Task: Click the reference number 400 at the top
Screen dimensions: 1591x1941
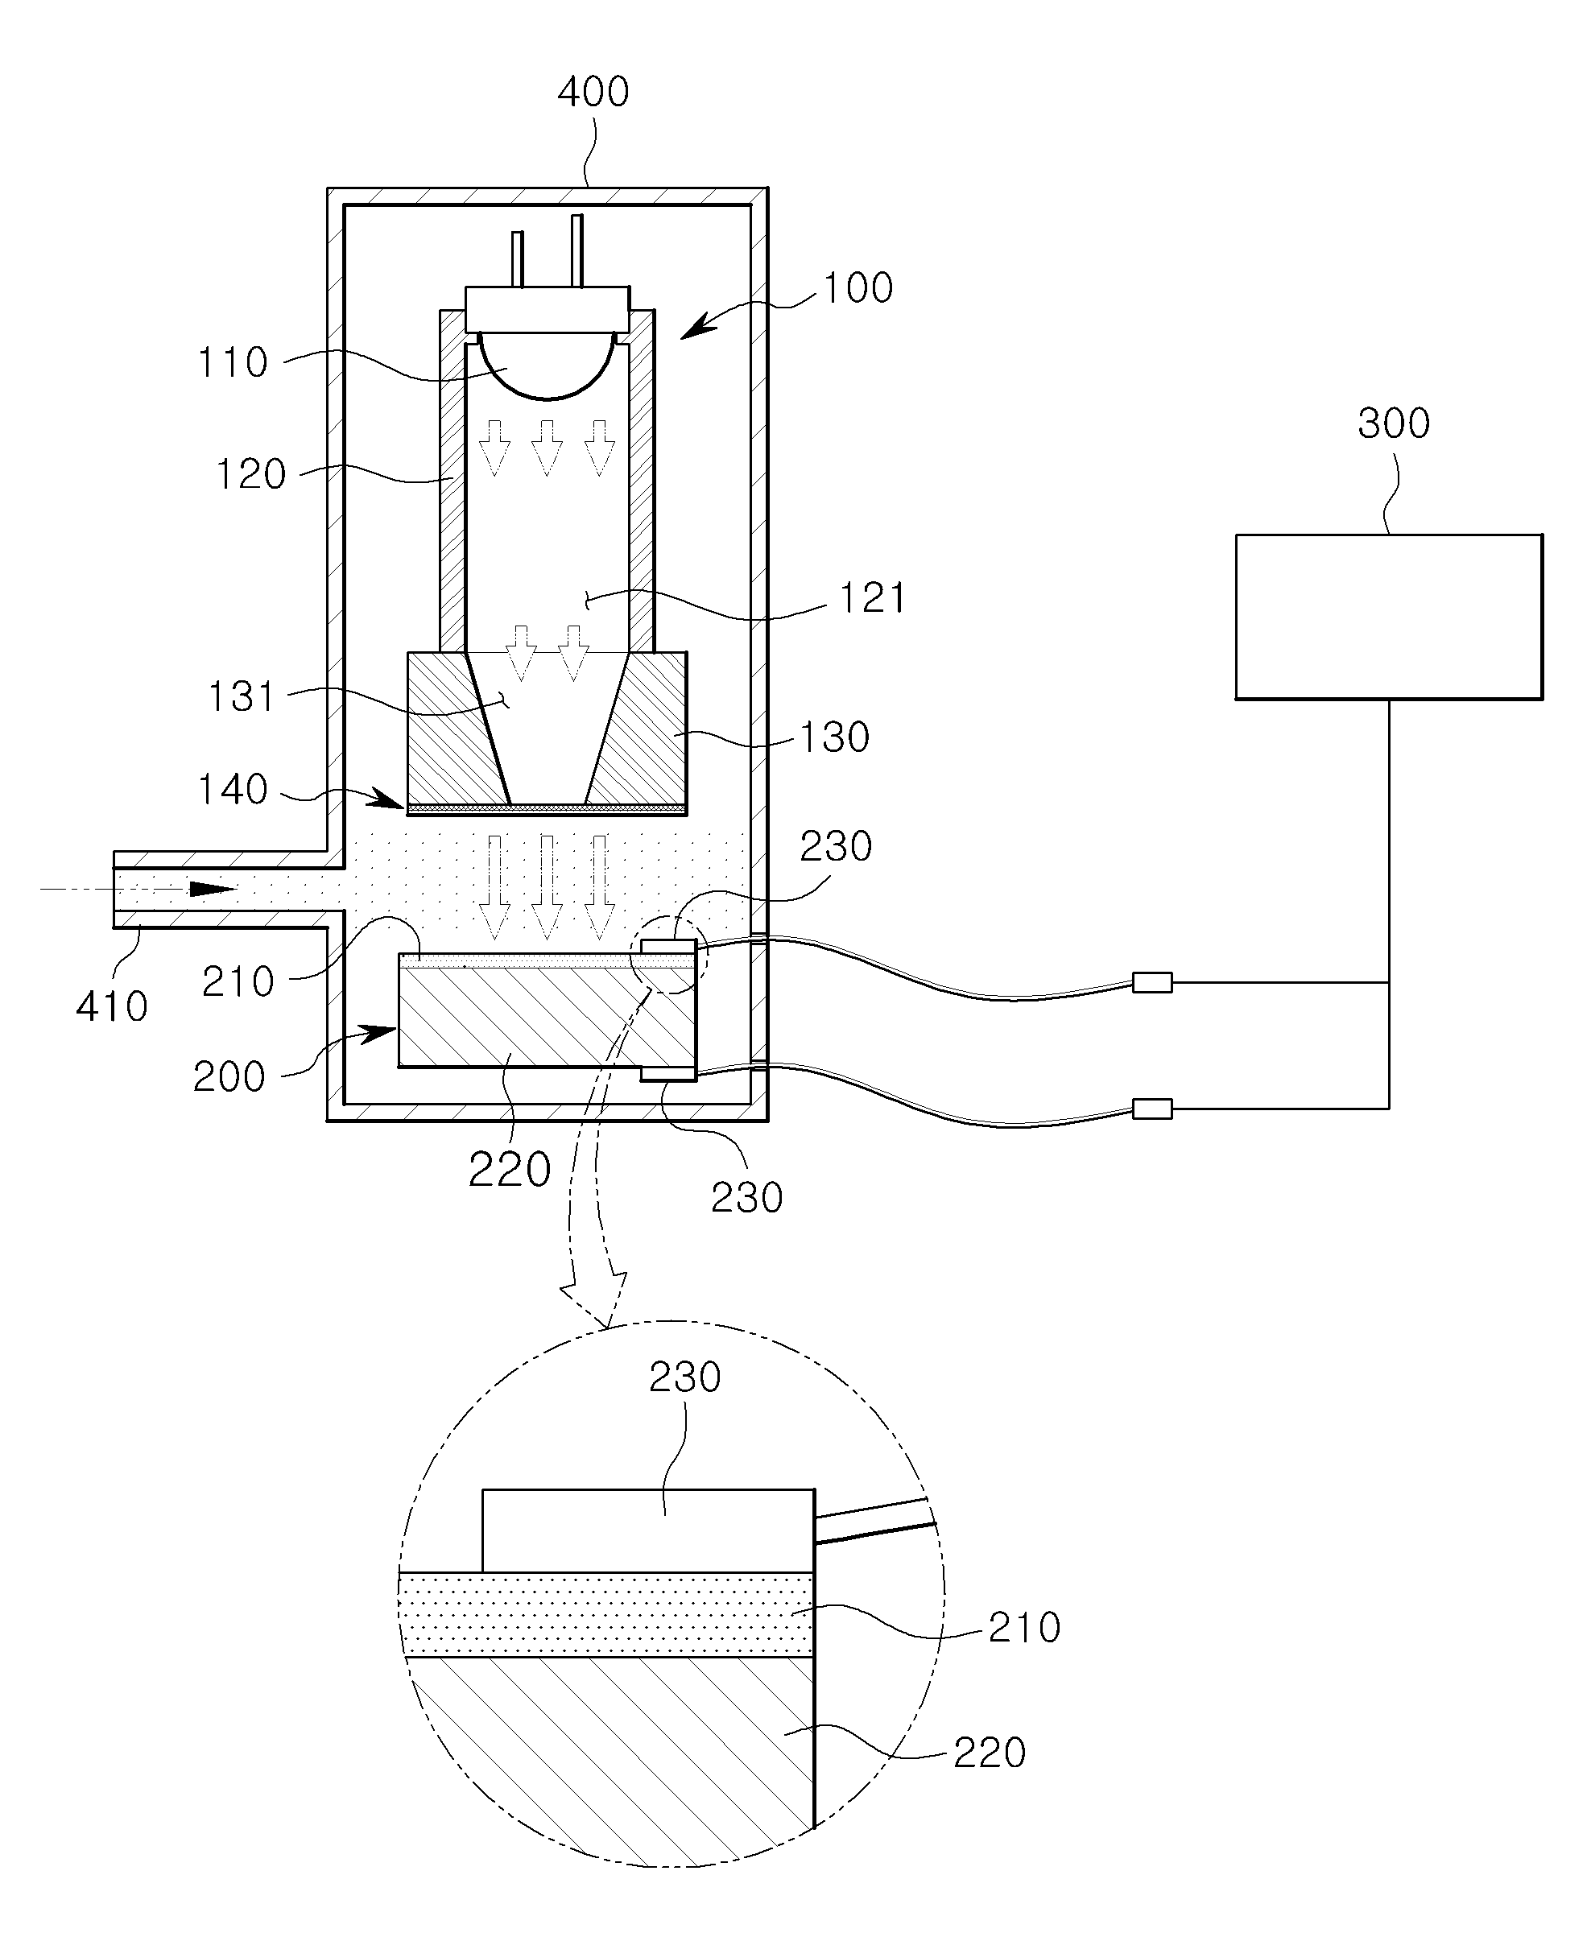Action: point(593,93)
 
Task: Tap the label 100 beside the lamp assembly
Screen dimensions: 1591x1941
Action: point(857,287)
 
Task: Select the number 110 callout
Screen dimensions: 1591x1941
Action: point(233,363)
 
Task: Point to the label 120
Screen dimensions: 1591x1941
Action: point(250,475)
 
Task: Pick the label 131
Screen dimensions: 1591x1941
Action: point(241,696)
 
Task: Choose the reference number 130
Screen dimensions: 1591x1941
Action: point(834,737)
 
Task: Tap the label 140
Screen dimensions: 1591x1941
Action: point(233,790)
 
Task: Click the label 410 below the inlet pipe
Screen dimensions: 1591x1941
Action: point(112,1007)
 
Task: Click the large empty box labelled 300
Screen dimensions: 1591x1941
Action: point(1388,617)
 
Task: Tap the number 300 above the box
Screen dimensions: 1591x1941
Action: point(1393,424)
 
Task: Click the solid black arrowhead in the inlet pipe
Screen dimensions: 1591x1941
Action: point(213,889)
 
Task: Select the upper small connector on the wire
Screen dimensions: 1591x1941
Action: point(1152,982)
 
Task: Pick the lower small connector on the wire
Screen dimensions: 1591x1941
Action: point(1152,1109)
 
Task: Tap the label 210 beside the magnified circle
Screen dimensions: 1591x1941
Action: point(1023,1628)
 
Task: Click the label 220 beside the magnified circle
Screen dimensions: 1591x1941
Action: point(989,1753)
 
